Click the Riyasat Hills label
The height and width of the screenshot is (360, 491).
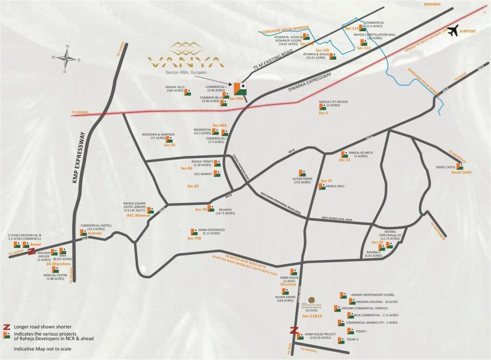click(x=175, y=90)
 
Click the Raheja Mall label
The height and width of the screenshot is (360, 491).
click(x=336, y=186)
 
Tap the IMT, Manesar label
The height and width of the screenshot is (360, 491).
click(x=138, y=216)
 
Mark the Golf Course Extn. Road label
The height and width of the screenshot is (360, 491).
click(x=334, y=220)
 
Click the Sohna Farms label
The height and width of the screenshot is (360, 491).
click(x=284, y=298)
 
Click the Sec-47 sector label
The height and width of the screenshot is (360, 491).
click(x=326, y=181)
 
